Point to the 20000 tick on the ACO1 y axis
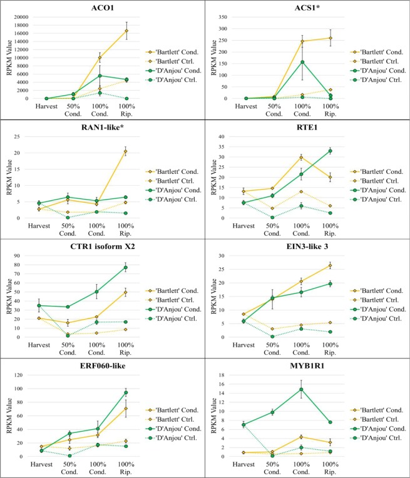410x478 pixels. (x=21, y=17)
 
